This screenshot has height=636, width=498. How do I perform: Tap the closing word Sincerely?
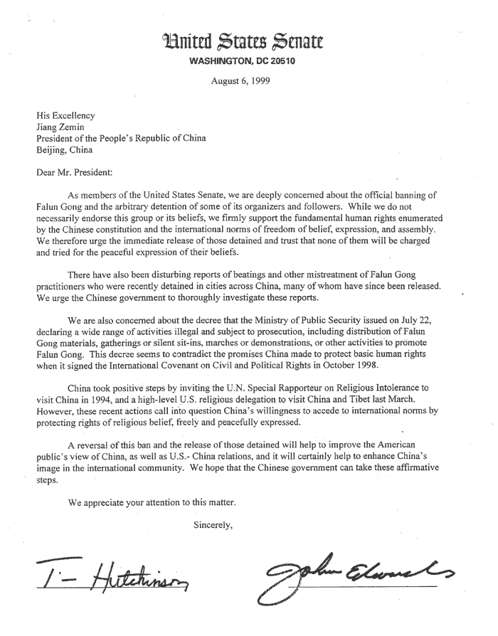pyautogui.click(x=213, y=526)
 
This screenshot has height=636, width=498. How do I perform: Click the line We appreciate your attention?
pyautogui.click(x=151, y=502)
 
